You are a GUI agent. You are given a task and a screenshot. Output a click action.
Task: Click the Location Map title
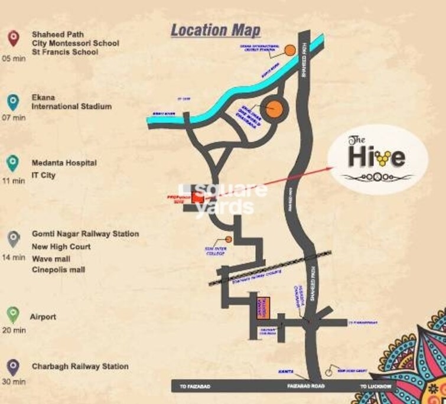[215, 30]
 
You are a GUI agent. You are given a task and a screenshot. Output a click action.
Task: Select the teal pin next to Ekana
[12, 101]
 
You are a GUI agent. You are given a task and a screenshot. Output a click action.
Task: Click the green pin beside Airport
[12, 315]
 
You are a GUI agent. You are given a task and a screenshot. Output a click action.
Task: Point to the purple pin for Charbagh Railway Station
[12, 367]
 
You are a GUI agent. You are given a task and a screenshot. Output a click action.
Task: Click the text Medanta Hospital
[64, 162]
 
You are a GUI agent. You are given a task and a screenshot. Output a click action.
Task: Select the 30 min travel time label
[14, 382]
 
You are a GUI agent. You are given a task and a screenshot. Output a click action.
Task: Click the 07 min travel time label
[14, 118]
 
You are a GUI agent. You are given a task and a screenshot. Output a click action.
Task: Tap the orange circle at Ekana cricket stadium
[290, 50]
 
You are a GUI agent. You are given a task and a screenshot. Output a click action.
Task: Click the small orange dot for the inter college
[229, 240]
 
